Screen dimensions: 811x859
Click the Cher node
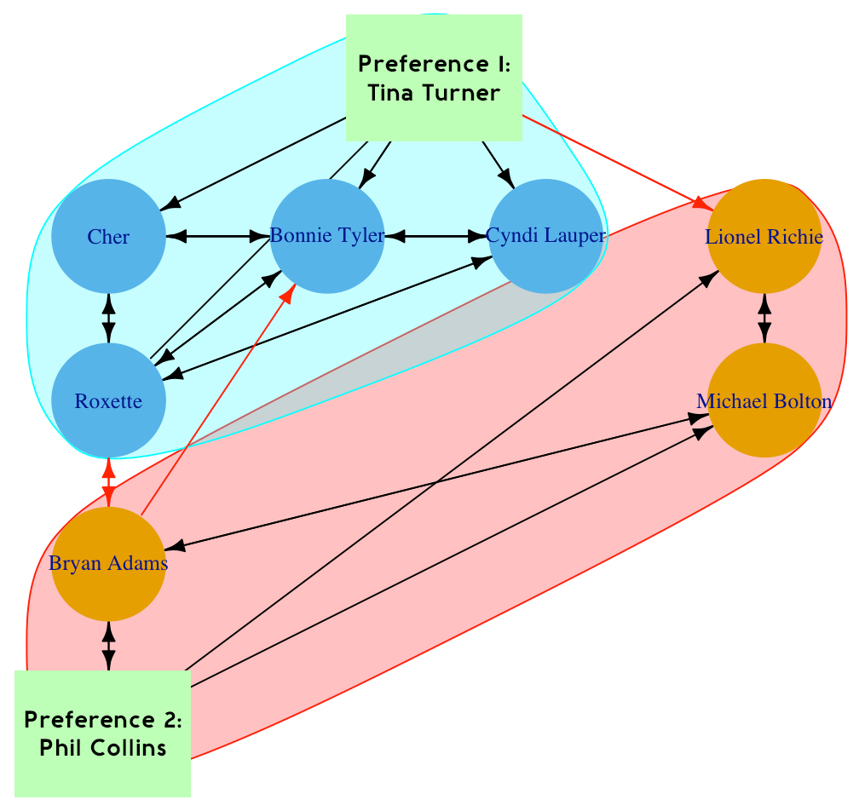tap(108, 237)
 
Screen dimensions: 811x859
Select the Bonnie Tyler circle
tap(327, 236)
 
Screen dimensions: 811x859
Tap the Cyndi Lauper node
tap(545, 236)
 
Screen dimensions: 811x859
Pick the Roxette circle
tap(108, 400)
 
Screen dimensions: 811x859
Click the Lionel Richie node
tap(764, 237)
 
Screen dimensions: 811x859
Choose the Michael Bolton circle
tap(764, 401)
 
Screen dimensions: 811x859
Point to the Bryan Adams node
tap(108, 564)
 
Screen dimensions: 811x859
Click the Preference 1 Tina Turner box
tap(434, 78)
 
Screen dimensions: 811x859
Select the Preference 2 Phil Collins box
tap(103, 733)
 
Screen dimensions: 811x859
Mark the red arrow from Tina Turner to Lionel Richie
tap(614, 161)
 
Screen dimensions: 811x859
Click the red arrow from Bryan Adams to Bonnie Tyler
tap(217, 400)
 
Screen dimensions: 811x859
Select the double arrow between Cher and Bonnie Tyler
tap(217, 236)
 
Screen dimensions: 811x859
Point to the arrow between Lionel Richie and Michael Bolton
tap(764, 319)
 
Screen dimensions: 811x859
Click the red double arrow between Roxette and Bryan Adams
tap(108, 482)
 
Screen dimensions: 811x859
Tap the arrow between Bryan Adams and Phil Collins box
tap(108, 646)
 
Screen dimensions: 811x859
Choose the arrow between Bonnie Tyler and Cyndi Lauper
tap(436, 236)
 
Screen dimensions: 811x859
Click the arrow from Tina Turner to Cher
tap(256, 162)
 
